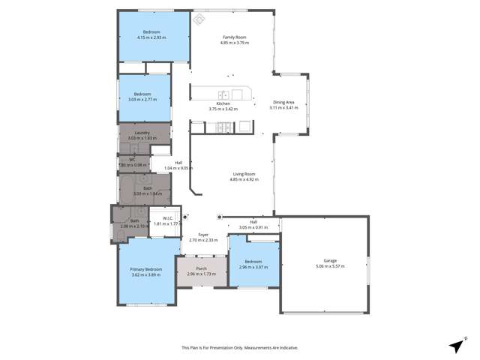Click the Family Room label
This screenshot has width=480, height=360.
(x=234, y=37)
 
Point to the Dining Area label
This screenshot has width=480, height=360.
(x=283, y=103)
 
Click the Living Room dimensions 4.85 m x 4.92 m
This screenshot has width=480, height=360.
(x=244, y=180)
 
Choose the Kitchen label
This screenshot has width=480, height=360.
(x=223, y=103)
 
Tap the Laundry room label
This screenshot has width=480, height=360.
(x=133, y=133)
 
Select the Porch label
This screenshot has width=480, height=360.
(x=201, y=268)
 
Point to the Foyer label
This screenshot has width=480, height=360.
(x=202, y=235)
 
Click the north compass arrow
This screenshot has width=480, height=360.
(x=455, y=345)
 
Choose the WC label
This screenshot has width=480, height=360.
(x=131, y=159)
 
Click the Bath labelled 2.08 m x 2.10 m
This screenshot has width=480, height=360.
(x=135, y=220)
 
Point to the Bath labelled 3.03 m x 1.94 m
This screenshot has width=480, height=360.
(x=147, y=190)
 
